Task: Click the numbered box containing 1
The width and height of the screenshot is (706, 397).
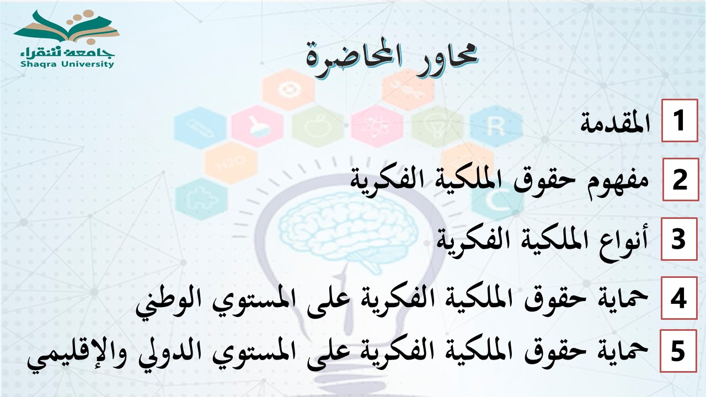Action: pyautogui.click(x=680, y=120)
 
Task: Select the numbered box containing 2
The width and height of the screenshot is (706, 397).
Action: pyautogui.click(x=681, y=180)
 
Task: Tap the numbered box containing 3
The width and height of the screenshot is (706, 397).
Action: pyautogui.click(x=679, y=239)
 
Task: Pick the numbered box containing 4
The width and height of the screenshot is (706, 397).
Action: pyautogui.click(x=679, y=298)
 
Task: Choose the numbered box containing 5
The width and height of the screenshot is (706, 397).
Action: pyautogui.click(x=678, y=351)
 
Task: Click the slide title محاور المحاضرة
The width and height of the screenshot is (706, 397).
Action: pyautogui.click(x=392, y=58)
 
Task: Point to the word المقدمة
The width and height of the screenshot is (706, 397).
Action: pyautogui.click(x=615, y=122)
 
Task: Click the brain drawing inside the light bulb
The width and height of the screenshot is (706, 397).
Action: pyautogui.click(x=345, y=232)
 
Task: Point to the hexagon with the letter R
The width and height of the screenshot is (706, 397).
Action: pyautogui.click(x=496, y=126)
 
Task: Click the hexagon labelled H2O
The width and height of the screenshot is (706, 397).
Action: pyautogui.click(x=231, y=163)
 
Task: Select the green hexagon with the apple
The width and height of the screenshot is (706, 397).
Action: pyautogui.click(x=318, y=127)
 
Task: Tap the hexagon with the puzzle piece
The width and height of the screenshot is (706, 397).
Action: pyautogui.click(x=201, y=199)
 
